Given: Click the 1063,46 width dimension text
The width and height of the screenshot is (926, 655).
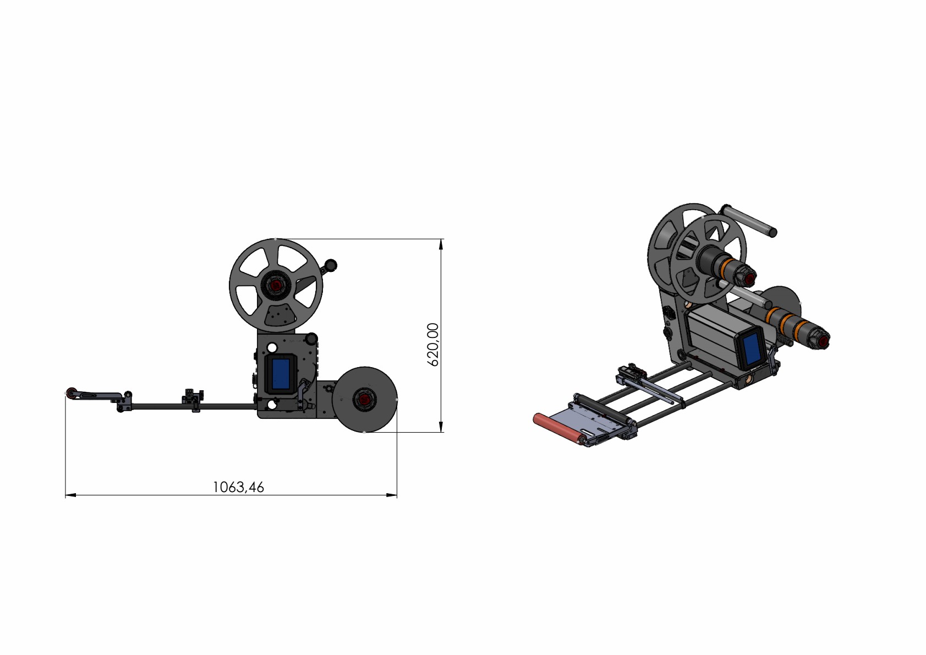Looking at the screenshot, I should [x=238, y=487].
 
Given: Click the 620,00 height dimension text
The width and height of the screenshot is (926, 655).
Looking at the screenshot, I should [x=433, y=345].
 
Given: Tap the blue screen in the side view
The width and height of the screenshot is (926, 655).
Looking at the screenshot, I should [x=281, y=374].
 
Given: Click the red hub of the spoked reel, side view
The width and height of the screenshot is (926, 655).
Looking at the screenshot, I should [x=276, y=285].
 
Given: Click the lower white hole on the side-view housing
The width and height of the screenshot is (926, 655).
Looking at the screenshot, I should [x=271, y=405].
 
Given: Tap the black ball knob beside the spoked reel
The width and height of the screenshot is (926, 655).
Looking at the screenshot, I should [x=331, y=265].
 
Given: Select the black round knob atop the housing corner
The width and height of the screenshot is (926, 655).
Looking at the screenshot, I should [x=311, y=338].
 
